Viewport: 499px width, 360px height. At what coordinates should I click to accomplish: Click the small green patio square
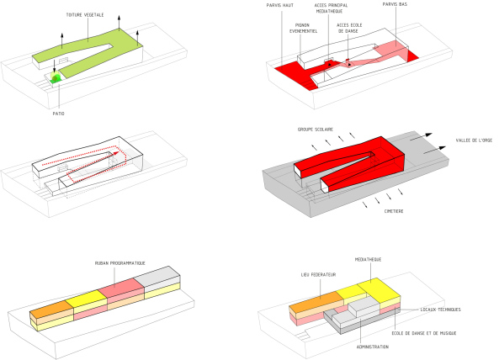click(56, 78)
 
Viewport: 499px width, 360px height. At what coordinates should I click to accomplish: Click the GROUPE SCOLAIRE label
click(315, 130)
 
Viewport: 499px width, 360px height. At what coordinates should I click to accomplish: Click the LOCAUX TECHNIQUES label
click(444, 310)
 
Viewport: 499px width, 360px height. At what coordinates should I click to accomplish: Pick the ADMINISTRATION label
click(373, 346)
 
